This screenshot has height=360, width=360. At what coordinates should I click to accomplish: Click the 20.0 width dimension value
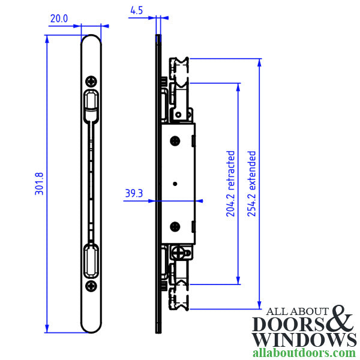coord(58,19)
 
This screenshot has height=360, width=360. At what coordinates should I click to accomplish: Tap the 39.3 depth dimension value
coord(134,194)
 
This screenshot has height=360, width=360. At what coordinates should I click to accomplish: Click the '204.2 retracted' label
coord(230,184)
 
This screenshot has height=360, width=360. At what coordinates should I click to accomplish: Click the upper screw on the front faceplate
coord(91,81)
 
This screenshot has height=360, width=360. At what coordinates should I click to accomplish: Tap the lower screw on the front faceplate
coord(91,286)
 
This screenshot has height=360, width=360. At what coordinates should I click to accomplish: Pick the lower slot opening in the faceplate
coord(91,260)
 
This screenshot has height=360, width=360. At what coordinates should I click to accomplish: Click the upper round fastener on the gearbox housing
coord(176,141)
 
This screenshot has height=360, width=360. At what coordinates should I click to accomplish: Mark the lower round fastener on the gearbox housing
coord(176,227)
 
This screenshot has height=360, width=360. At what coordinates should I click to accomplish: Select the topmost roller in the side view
coord(179,64)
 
